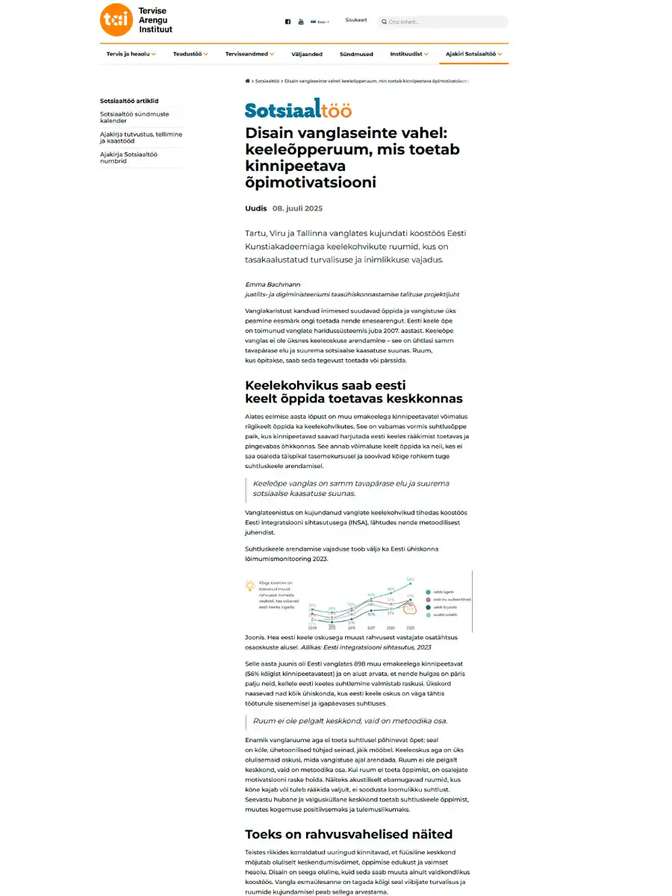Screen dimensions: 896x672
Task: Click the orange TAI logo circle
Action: point(116,20)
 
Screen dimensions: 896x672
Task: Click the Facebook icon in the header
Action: point(287,22)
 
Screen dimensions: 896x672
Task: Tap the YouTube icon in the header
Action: point(301,22)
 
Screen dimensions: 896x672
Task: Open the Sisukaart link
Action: point(356,20)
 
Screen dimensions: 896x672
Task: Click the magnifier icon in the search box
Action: point(385,22)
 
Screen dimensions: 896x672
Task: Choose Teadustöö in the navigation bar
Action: point(190,54)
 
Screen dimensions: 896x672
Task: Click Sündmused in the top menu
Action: point(356,54)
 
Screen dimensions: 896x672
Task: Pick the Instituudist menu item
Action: point(409,54)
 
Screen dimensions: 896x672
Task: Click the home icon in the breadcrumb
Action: point(248,80)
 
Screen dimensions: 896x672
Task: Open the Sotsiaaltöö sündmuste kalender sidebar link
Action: point(134,117)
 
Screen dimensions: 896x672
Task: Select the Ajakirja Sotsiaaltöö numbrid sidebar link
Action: point(128,158)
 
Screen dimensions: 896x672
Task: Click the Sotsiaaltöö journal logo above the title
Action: point(298,110)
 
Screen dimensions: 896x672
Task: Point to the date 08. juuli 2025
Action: point(297,208)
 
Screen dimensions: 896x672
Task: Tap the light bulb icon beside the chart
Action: point(250,587)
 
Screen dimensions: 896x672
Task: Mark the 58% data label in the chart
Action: point(410,579)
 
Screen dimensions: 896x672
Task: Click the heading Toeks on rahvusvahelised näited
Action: point(349,834)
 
